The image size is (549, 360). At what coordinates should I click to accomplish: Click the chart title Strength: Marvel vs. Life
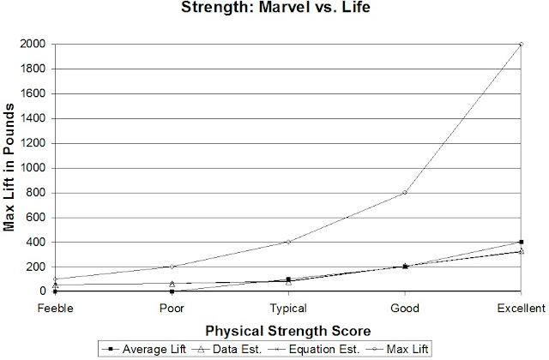coord(275,7)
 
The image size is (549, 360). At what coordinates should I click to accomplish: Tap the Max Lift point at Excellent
coord(522,44)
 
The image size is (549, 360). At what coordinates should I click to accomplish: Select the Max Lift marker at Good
coord(405,192)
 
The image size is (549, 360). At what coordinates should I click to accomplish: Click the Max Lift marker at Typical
coord(288,242)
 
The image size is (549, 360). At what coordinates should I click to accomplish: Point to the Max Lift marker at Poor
coord(172,267)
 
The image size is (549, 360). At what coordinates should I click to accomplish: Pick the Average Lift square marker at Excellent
coord(522,242)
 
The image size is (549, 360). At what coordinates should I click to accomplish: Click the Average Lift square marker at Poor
coord(172,291)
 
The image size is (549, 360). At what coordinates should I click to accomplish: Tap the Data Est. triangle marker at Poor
coord(172,284)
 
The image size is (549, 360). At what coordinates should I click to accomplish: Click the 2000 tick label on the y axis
coord(33,44)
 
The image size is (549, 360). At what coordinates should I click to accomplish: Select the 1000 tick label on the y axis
coord(33,168)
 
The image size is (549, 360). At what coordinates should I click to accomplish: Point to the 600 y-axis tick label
coord(36,217)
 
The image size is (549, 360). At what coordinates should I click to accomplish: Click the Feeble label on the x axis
coord(55,309)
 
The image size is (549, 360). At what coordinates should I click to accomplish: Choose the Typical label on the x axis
coord(288,309)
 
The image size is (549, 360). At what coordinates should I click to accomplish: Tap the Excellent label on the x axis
coord(522,309)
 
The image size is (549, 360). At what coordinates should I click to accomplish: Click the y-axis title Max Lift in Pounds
coord(9,167)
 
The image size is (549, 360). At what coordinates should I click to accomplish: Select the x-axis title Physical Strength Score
coord(288,331)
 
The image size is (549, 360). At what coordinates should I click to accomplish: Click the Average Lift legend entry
coord(144,349)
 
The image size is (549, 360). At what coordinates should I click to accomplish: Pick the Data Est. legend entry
coord(226,349)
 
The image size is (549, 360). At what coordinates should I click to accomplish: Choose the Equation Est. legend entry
coord(314,349)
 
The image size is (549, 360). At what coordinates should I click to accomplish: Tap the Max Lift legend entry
coord(397,349)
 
